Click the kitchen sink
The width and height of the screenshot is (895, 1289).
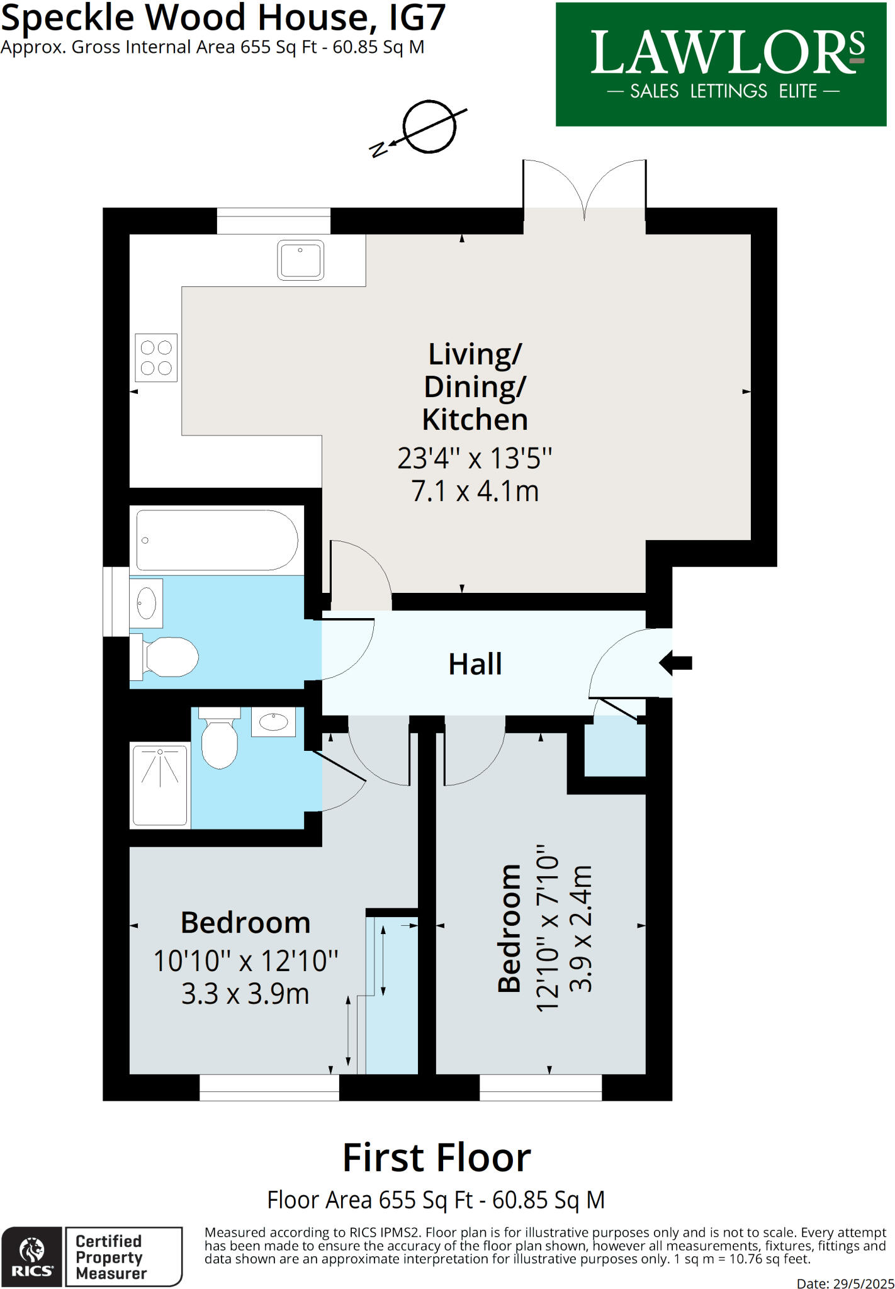[x=300, y=260]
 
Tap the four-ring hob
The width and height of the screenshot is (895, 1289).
[x=156, y=357]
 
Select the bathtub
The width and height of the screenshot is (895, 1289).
[x=217, y=540]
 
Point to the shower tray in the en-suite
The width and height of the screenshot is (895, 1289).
[x=160, y=785]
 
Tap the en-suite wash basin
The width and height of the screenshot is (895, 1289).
[x=273, y=722]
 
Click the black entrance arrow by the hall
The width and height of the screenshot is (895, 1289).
[x=676, y=662]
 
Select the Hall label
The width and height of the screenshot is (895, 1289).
[x=475, y=664]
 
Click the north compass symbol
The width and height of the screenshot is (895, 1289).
[x=428, y=128]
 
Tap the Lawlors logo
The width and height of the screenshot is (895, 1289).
[x=721, y=64]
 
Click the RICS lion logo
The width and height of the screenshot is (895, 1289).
[x=31, y=1256]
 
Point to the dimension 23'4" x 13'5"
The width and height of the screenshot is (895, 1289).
[x=475, y=458]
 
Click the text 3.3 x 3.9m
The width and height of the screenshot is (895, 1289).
[x=245, y=994]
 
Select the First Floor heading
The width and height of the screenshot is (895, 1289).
[x=437, y=1158]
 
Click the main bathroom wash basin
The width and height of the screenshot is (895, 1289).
[x=147, y=603]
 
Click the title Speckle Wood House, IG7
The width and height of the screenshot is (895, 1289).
[x=223, y=18]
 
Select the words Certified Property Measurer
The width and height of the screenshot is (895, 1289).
[x=111, y=1257]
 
